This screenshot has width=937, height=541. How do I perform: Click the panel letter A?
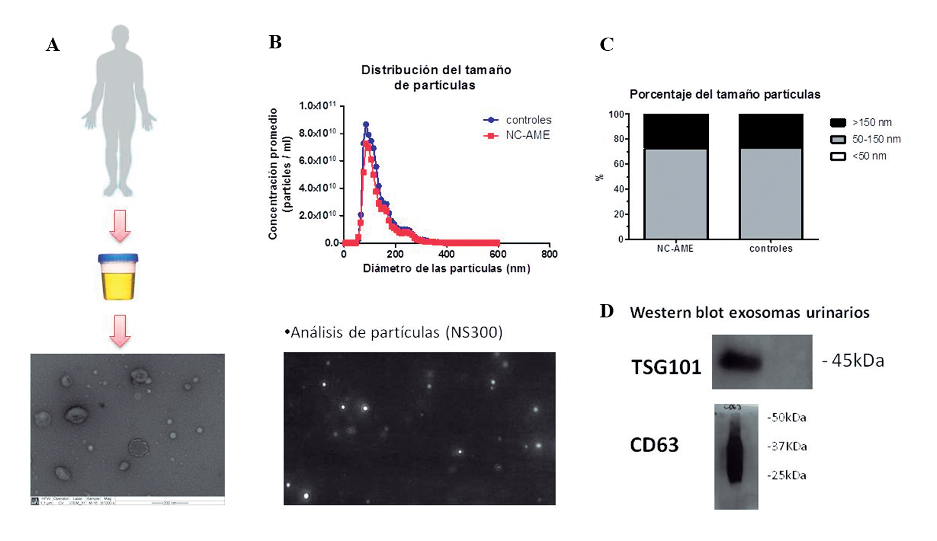[x=53, y=45]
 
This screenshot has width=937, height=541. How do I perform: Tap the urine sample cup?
[x=118, y=277]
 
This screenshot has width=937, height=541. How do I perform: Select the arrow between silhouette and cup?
[x=120, y=226]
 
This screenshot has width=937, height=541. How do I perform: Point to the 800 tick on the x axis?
[x=549, y=254]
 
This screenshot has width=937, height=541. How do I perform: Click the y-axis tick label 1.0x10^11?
[x=317, y=106]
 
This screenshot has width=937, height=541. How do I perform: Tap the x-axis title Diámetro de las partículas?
[x=447, y=268]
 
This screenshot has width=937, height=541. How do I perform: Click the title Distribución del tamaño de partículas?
[x=436, y=77]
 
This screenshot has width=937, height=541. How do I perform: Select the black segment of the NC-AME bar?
[x=676, y=131]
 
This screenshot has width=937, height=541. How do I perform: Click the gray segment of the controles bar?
[x=771, y=194]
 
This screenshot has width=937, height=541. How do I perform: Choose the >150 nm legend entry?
[x=861, y=122]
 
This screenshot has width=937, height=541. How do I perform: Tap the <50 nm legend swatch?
[x=838, y=156]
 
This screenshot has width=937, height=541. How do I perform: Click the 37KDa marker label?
[x=787, y=446]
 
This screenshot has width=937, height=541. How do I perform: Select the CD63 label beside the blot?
[x=654, y=445]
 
